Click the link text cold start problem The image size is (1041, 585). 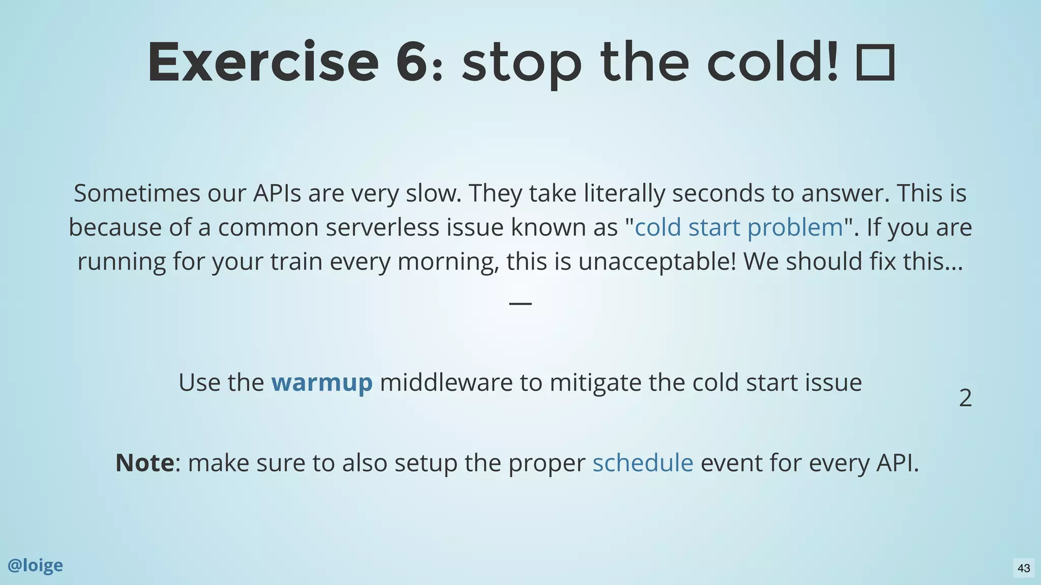(739, 227)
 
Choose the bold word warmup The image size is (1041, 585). (322, 382)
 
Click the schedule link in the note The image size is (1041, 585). (642, 463)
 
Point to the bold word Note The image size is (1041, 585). (145, 463)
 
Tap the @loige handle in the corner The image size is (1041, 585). (36, 565)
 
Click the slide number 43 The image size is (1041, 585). (1024, 568)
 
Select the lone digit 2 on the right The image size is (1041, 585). (965, 398)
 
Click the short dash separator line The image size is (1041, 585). (520, 303)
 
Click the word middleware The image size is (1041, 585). (446, 382)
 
